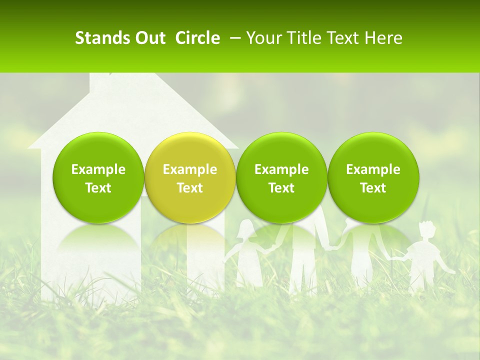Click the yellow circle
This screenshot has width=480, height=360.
[190, 177]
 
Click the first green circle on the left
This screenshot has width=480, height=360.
[98, 177]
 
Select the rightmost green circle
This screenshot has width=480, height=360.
[373, 177]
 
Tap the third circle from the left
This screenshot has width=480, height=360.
[281, 177]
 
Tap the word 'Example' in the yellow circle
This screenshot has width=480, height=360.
[190, 169]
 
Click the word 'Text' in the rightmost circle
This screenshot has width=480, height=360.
[373, 188]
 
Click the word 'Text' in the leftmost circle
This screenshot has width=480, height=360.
[98, 188]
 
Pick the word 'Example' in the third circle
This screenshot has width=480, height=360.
[281, 169]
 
